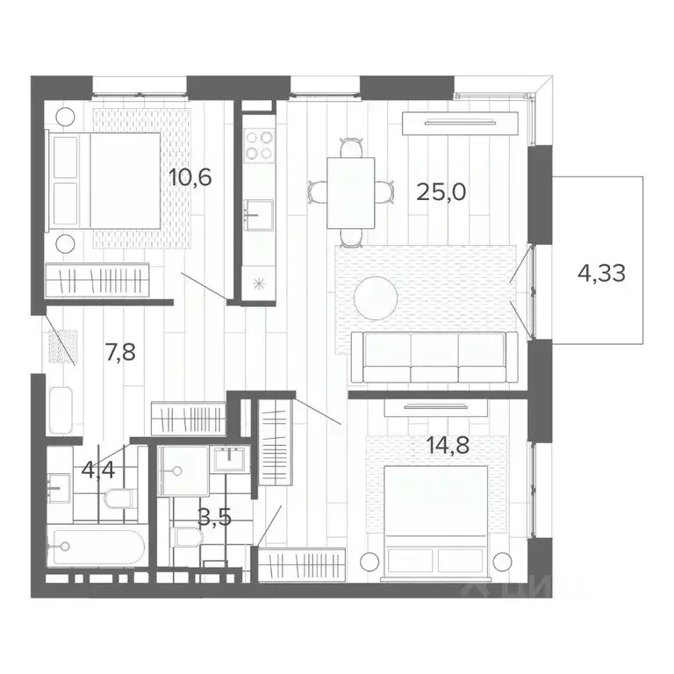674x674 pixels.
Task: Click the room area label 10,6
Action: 190,178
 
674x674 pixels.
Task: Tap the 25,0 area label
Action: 441,192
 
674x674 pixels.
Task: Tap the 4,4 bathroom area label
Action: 98,470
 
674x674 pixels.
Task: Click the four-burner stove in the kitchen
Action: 258,145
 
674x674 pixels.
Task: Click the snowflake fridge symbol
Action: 258,283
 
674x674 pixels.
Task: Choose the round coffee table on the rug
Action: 376,298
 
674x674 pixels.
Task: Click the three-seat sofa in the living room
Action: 434,358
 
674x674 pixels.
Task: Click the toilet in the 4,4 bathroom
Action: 115,499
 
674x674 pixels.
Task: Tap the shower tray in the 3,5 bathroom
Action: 183,471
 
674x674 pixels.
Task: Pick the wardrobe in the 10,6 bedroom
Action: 103,282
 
